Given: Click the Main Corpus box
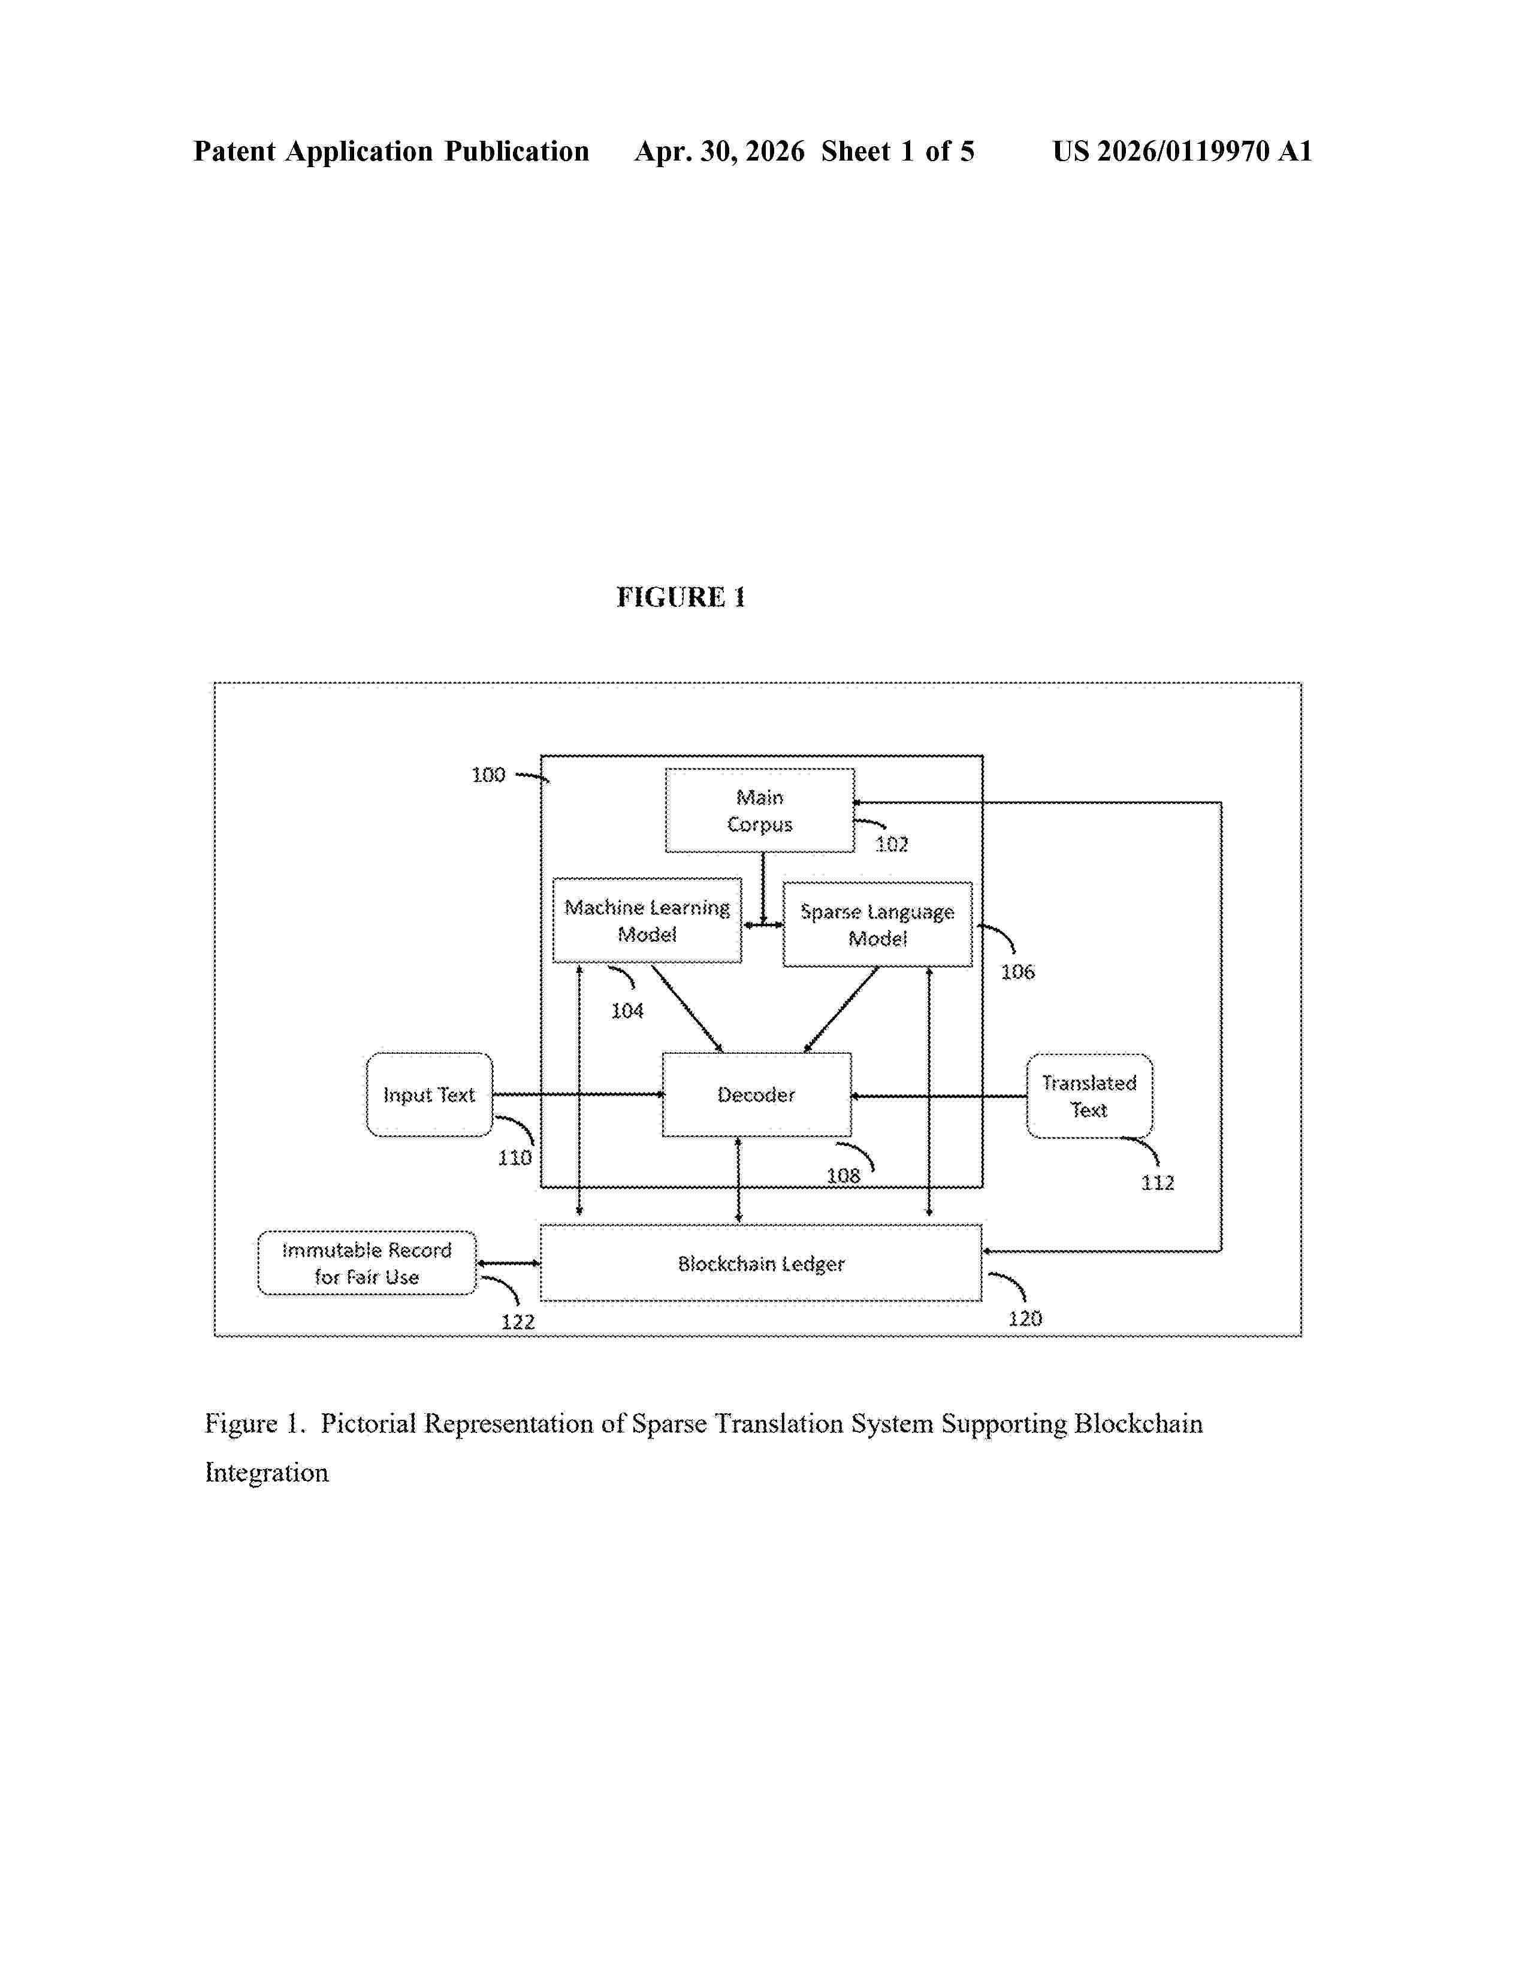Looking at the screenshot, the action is (759, 810).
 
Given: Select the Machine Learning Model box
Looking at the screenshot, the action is (647, 920).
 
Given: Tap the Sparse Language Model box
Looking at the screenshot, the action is (877, 924).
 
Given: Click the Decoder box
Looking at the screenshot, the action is (757, 1095).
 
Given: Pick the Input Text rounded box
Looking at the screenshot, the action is (429, 1095).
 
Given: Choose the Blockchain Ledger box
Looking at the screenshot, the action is (760, 1263).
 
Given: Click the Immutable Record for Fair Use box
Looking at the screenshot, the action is (367, 1263).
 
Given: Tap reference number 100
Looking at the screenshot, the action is (488, 775).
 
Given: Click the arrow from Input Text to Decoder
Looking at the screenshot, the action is (578, 1095).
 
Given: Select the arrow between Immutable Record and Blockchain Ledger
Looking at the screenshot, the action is (509, 1263).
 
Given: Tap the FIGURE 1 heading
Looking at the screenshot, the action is (681, 597).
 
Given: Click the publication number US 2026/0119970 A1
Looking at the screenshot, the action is (1182, 151).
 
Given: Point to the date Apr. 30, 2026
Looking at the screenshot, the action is (720, 151).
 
